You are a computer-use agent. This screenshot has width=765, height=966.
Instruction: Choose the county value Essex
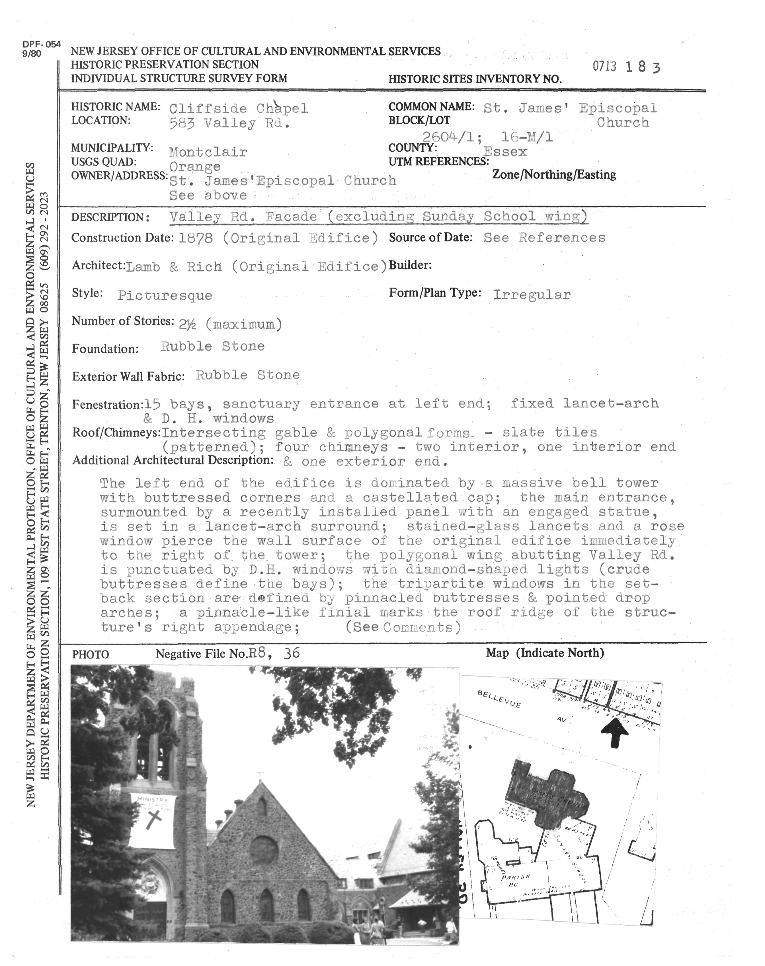coord(505,152)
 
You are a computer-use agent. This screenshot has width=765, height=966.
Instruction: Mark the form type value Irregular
coord(532,294)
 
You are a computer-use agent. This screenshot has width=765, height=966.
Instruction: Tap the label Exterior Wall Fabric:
coord(128,377)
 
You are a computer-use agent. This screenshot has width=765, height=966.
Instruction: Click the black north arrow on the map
coord(614,733)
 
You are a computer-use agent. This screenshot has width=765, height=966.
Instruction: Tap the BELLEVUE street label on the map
coord(499,699)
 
